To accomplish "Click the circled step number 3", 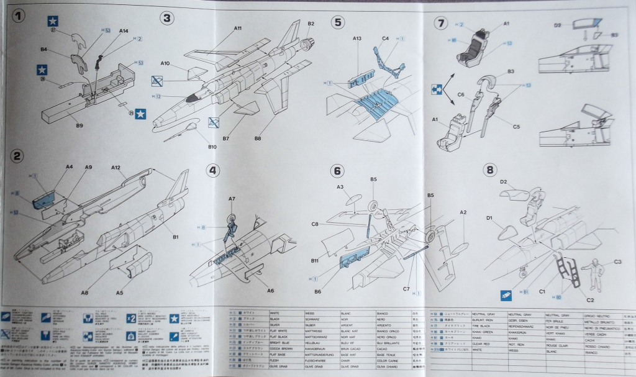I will pyautogui.click(x=167, y=18).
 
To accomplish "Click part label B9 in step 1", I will pyautogui.click(x=79, y=125).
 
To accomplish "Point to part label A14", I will pyautogui.click(x=123, y=30).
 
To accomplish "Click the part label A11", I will pyautogui.click(x=238, y=29).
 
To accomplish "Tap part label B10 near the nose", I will pyautogui.click(x=212, y=147).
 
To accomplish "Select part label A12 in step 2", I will pyautogui.click(x=116, y=168).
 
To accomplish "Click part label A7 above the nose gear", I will pyautogui.click(x=232, y=199).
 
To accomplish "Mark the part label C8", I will pyautogui.click(x=315, y=224).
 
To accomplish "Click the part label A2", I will pyautogui.click(x=463, y=212).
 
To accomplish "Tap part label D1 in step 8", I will pyautogui.click(x=489, y=218).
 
